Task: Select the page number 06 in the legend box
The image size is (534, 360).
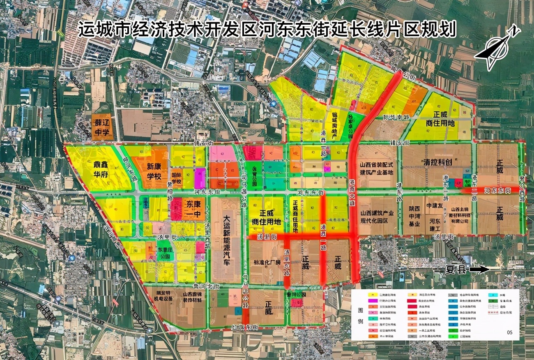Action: [509, 332]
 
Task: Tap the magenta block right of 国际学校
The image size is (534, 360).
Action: [200, 178]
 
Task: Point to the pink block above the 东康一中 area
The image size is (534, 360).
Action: [222, 153]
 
